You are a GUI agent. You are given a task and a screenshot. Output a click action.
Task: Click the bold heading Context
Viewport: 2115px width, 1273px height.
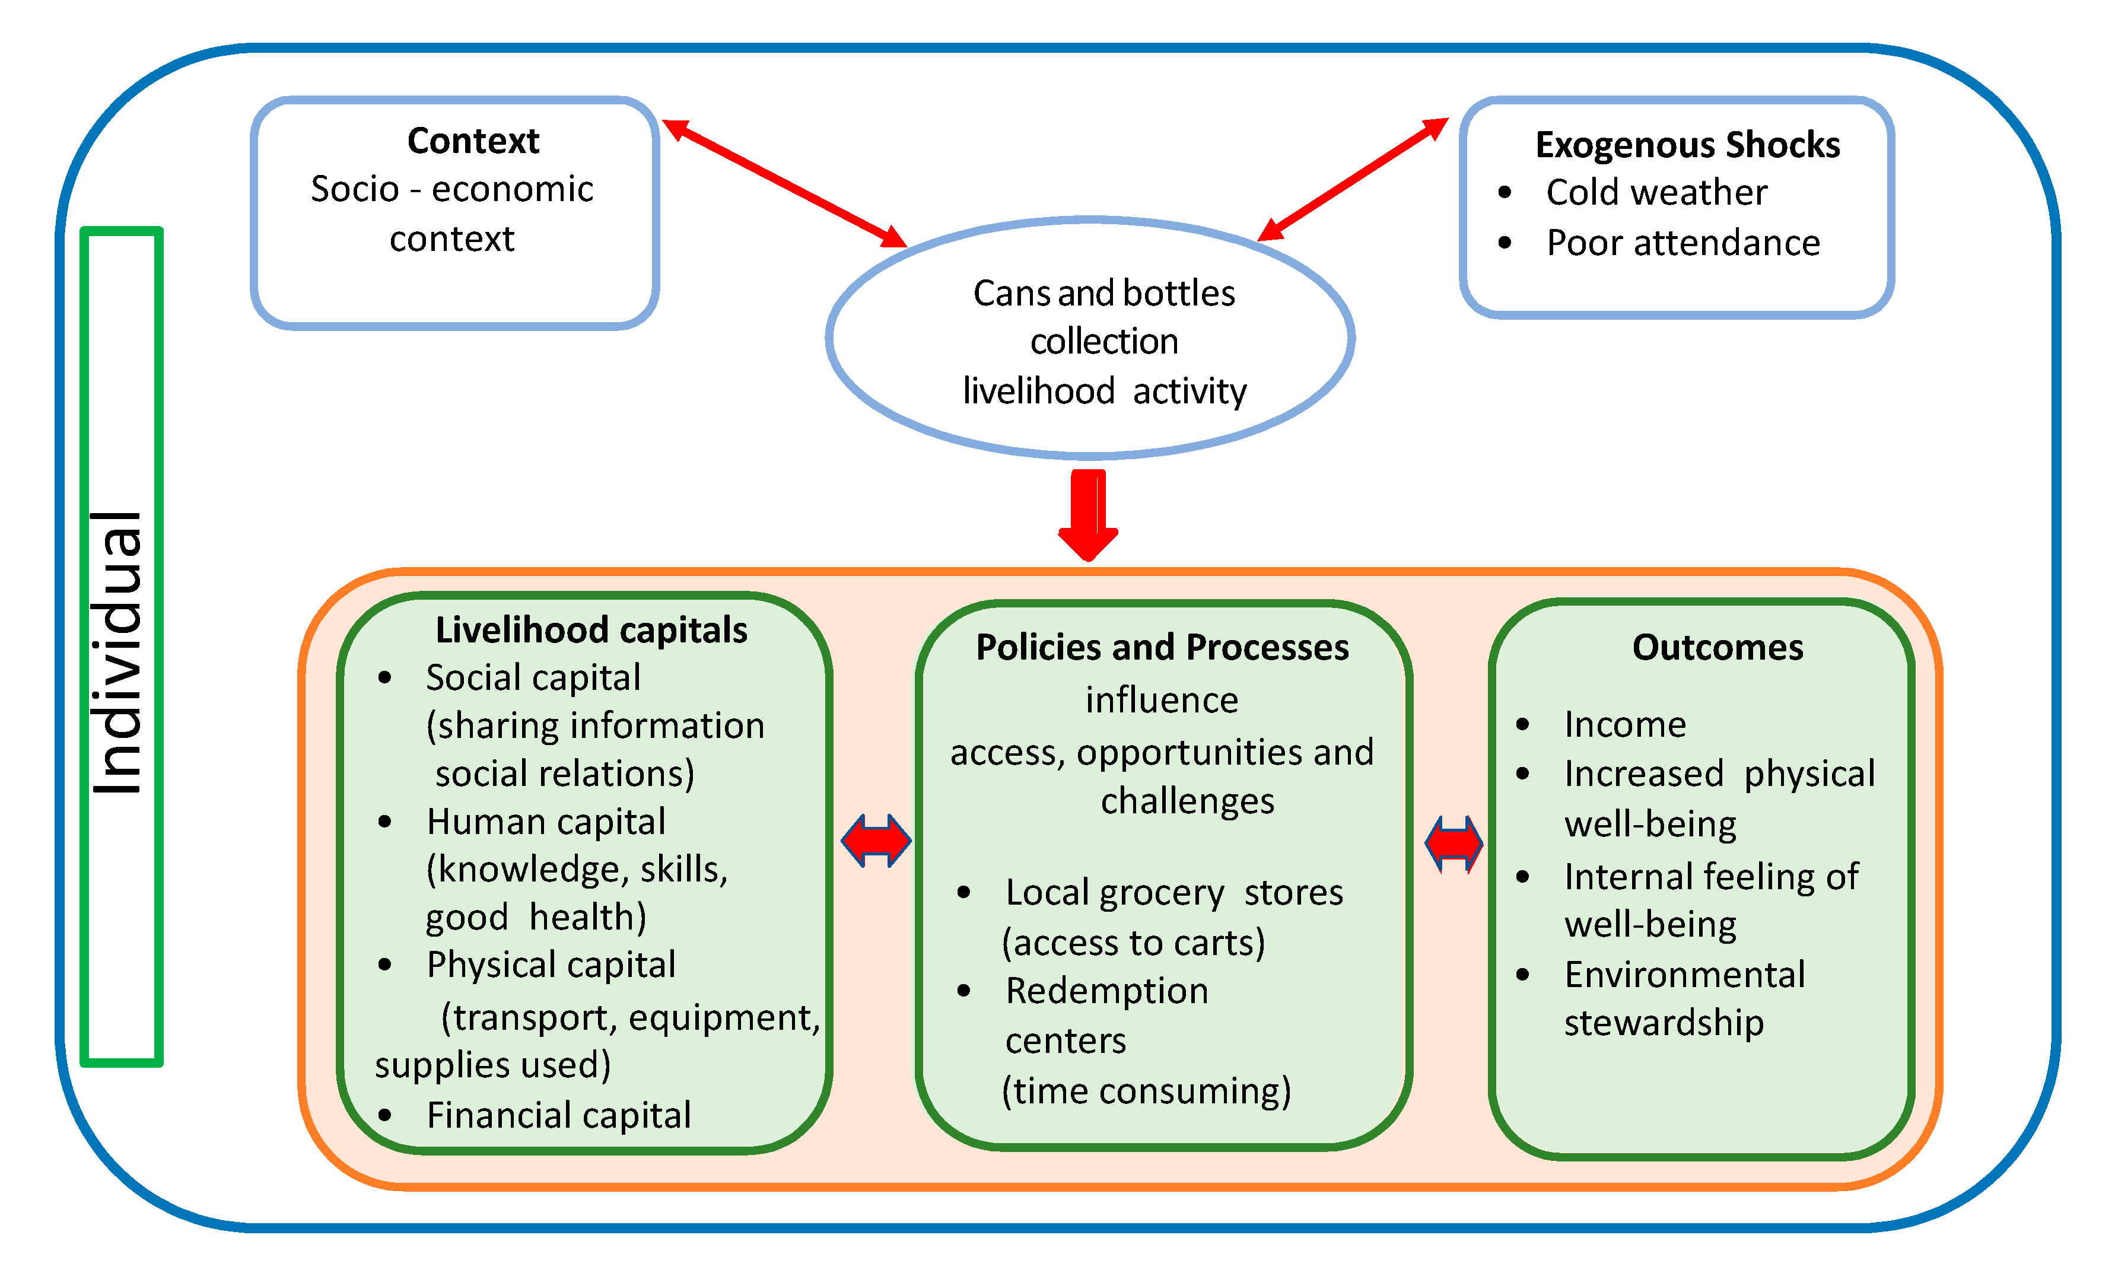click(x=473, y=141)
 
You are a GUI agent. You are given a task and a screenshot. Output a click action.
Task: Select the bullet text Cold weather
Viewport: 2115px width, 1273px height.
click(x=1655, y=192)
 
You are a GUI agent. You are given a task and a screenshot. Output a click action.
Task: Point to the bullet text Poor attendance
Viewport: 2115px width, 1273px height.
click(x=1682, y=243)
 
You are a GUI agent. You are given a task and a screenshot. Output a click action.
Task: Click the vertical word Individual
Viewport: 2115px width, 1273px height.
click(x=119, y=652)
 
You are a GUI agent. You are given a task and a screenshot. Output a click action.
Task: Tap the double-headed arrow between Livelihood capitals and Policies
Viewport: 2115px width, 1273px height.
click(x=876, y=841)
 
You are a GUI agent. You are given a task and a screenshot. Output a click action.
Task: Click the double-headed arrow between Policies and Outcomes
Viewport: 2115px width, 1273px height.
click(x=1454, y=844)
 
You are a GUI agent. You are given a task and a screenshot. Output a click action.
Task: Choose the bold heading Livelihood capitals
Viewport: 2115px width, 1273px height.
click(x=591, y=629)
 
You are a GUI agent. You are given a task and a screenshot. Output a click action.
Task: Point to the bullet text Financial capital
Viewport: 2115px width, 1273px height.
click(x=558, y=1115)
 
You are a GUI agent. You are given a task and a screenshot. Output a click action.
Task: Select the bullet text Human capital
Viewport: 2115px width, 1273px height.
click(x=545, y=822)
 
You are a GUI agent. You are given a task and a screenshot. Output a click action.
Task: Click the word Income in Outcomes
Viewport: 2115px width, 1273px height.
click(x=1624, y=725)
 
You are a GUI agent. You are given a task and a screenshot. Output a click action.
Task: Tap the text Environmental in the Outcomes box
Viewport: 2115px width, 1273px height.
click(x=1684, y=975)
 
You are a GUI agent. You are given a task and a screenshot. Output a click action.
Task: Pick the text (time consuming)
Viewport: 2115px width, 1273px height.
click(x=1146, y=1091)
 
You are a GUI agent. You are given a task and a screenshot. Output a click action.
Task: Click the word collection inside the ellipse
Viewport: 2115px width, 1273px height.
click(x=1104, y=342)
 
